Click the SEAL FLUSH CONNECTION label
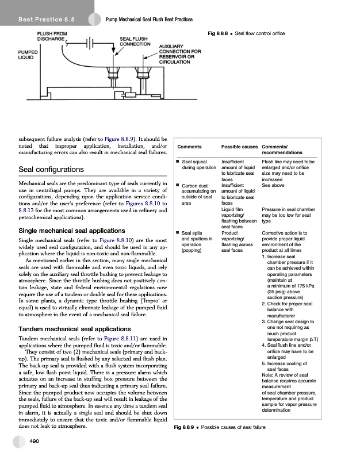[x=136, y=41]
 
